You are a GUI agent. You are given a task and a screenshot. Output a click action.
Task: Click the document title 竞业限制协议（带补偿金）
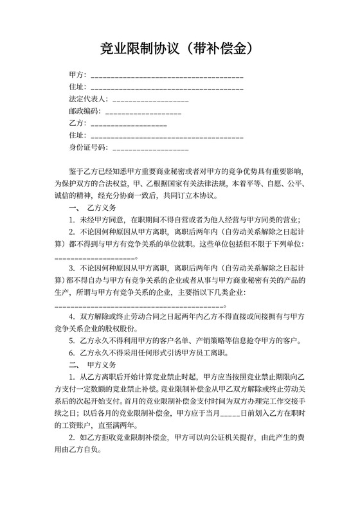pyautogui.click(x=179, y=48)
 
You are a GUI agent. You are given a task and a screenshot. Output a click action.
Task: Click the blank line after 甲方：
pyautogui.click(x=167, y=76)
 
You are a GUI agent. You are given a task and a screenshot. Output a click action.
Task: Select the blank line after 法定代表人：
pyautogui.click(x=150, y=100)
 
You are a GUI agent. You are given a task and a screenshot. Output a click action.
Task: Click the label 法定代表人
pyautogui.click(x=88, y=100)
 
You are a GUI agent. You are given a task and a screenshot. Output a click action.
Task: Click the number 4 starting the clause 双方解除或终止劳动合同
pyautogui.click(x=71, y=316)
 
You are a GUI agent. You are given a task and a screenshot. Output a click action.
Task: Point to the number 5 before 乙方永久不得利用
pyautogui.click(x=71, y=341)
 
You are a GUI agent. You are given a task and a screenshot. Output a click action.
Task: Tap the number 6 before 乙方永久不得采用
pyautogui.click(x=71, y=353)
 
